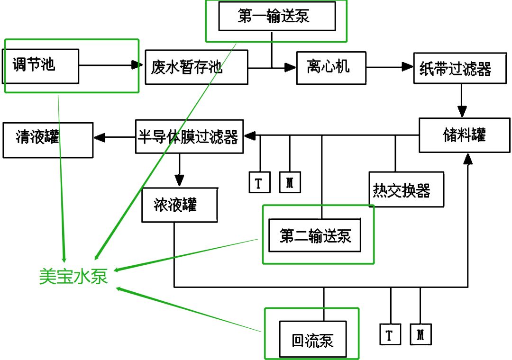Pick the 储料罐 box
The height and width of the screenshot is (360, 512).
(x=464, y=135)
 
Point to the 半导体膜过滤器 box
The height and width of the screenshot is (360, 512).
(x=189, y=137)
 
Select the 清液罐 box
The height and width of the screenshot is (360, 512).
(x=47, y=140)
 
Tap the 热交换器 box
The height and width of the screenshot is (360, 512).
(x=406, y=189)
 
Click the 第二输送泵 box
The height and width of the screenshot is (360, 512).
(x=314, y=235)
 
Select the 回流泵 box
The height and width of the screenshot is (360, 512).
(x=312, y=339)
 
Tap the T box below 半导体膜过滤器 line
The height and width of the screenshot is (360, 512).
(x=260, y=182)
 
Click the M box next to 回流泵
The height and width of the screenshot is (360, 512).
(x=421, y=334)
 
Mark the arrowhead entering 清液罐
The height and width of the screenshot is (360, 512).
(x=99, y=138)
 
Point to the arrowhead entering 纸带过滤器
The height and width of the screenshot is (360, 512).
(x=408, y=67)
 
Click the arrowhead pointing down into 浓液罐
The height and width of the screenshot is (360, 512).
(x=179, y=180)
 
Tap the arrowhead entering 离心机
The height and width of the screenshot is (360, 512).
(x=290, y=68)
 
